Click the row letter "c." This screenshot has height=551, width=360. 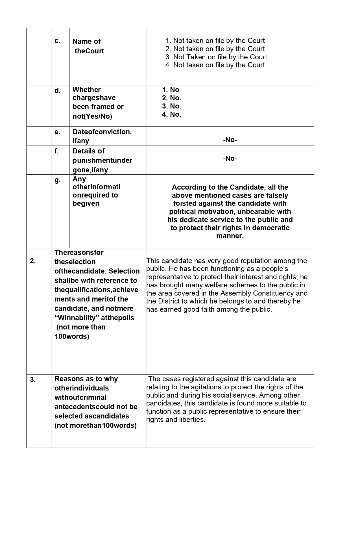(57, 41)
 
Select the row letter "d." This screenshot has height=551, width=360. (58, 91)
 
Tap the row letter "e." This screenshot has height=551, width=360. (57, 132)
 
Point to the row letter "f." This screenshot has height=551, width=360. (57, 151)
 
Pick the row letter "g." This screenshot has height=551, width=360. (57, 180)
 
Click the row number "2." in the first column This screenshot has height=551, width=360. (33, 261)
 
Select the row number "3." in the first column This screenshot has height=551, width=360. (33, 380)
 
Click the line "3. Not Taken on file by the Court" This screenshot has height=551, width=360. (216, 57)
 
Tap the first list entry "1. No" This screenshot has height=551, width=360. (171, 90)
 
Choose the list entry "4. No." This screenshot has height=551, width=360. (171, 114)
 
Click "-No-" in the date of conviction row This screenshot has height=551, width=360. (230, 140)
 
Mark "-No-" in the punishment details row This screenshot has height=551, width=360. (230, 159)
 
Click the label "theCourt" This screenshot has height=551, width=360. (89, 51)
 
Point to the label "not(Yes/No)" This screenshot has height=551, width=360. (92, 116)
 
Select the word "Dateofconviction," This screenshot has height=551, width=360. (102, 132)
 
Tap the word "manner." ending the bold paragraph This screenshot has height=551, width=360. (230, 236)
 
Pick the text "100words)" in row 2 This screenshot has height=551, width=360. (72, 337)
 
